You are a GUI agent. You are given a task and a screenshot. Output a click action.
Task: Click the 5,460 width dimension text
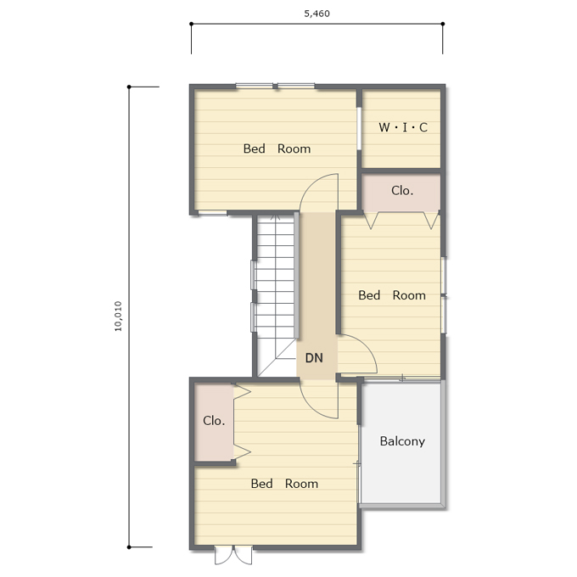[x=317, y=14]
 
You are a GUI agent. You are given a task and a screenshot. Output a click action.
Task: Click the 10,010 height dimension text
[x=118, y=317]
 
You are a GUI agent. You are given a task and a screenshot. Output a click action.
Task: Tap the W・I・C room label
[x=403, y=127]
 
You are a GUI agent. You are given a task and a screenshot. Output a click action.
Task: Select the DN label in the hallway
[x=314, y=358]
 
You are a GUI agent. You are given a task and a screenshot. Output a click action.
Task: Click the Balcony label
[x=402, y=441]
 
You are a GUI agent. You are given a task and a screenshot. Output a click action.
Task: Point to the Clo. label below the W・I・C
[x=402, y=191]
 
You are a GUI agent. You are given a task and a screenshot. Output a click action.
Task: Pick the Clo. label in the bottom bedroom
[x=214, y=421]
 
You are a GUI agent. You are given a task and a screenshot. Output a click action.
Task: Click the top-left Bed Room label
[x=277, y=148]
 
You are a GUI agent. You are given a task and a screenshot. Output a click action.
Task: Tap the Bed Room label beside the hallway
[x=392, y=295]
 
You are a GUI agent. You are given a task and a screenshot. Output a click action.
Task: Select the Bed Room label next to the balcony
[x=284, y=484]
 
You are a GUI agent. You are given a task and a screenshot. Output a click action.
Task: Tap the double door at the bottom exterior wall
[x=233, y=555]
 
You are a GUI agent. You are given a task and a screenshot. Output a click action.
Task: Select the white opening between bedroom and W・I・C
[x=359, y=128]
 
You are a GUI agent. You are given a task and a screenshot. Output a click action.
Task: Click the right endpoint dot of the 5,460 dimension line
[x=443, y=24]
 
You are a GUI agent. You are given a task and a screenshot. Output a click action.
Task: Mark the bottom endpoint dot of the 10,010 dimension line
[x=129, y=547]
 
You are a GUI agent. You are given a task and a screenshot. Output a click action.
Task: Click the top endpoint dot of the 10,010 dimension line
[x=129, y=87]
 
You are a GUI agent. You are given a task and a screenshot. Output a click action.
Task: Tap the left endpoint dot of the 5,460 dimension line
[x=192, y=24]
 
